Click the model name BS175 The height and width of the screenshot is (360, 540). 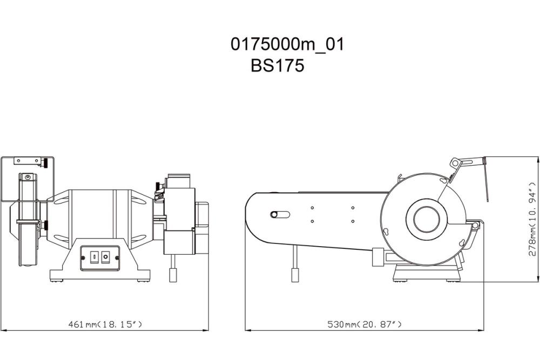(278, 66)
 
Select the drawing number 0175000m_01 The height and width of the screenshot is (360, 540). (287, 45)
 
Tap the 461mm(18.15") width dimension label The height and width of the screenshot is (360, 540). (105, 324)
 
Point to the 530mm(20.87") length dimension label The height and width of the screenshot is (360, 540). (365, 324)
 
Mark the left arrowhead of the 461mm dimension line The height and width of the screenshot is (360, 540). (3, 329)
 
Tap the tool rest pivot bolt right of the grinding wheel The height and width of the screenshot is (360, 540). (474, 225)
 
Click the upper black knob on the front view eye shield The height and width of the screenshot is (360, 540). (48, 160)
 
